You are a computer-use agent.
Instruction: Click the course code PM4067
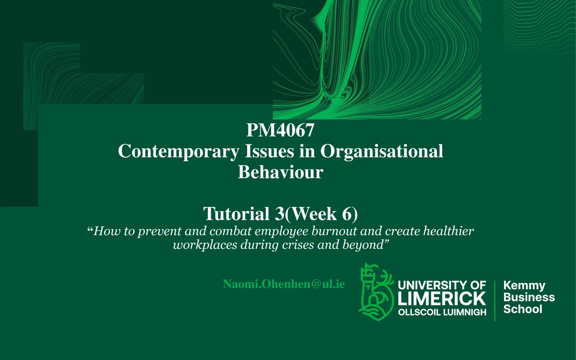[x=280, y=131]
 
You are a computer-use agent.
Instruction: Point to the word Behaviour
[x=280, y=172]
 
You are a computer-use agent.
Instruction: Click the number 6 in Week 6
[x=348, y=213]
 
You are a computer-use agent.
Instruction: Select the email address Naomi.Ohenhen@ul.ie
[x=284, y=284]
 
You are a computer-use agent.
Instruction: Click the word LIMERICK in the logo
[x=442, y=299]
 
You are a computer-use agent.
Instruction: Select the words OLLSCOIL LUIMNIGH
[x=442, y=312]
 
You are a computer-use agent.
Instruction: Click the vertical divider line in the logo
[x=495, y=299]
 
